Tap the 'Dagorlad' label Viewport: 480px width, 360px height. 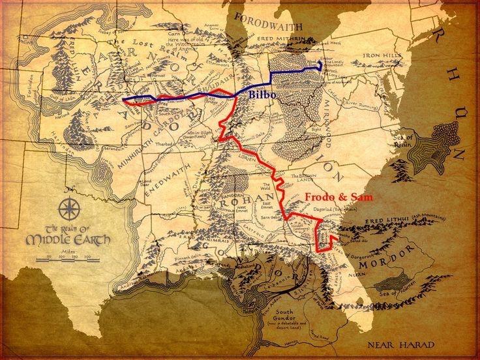click(341, 208)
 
